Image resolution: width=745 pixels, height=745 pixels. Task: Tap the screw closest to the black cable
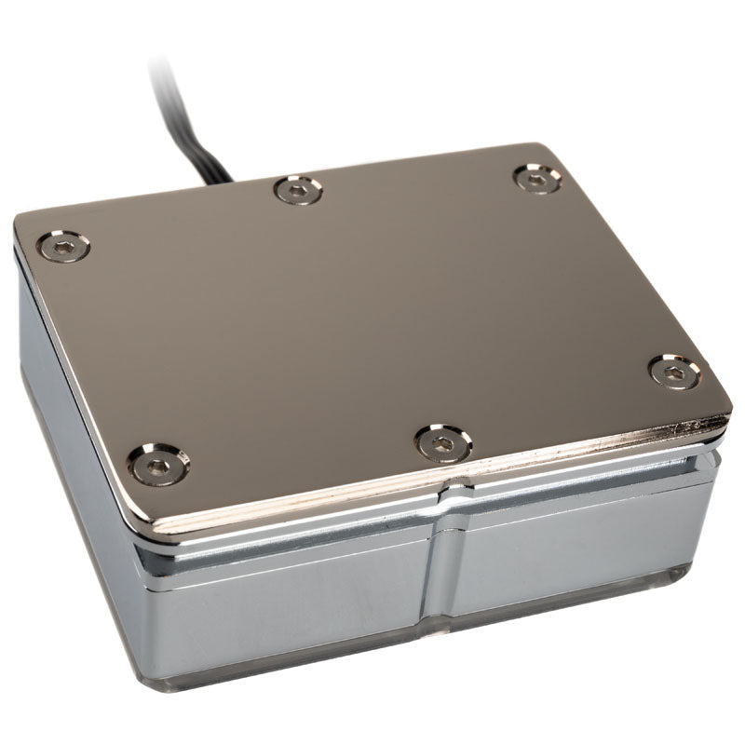tap(298, 191)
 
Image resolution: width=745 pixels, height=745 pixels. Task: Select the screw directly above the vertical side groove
tap(442, 442)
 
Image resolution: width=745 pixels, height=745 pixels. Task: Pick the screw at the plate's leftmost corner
tap(63, 247)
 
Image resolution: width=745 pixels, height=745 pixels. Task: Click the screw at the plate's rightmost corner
tap(672, 371)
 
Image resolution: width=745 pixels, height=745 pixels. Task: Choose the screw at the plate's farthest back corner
tap(537, 178)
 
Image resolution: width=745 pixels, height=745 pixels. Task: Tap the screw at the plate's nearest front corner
tap(158, 463)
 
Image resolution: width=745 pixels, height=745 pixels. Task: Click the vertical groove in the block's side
tap(438, 559)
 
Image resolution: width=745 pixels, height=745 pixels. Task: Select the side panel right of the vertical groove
tap(577, 549)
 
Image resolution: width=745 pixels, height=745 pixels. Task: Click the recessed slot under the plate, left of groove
tap(279, 557)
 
